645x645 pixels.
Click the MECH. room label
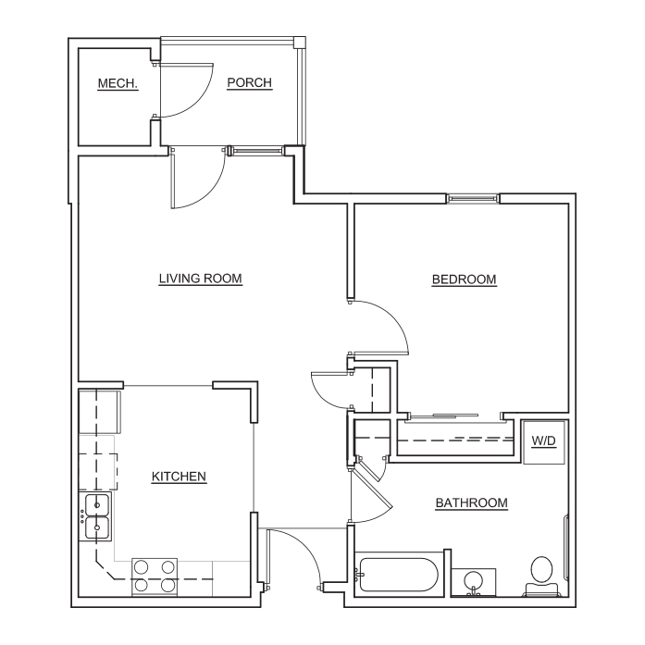click(x=118, y=83)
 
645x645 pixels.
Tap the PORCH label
click(x=250, y=82)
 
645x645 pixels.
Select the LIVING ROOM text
click(x=200, y=279)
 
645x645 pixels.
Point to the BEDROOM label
click(x=464, y=279)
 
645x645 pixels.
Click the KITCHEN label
click(x=179, y=477)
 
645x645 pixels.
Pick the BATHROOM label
click(x=471, y=502)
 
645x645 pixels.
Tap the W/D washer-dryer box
click(x=544, y=442)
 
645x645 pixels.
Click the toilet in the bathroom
click(x=541, y=576)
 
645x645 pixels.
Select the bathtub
click(x=397, y=575)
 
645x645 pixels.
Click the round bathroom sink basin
click(x=474, y=581)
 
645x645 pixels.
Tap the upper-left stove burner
click(x=141, y=567)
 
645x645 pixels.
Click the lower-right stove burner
click(x=167, y=585)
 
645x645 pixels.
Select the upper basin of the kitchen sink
click(x=97, y=504)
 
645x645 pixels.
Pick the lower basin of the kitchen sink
click(x=97, y=527)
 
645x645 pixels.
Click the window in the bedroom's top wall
click(x=473, y=199)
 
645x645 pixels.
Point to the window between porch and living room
click(x=255, y=151)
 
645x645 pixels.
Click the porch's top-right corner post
click(x=300, y=43)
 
